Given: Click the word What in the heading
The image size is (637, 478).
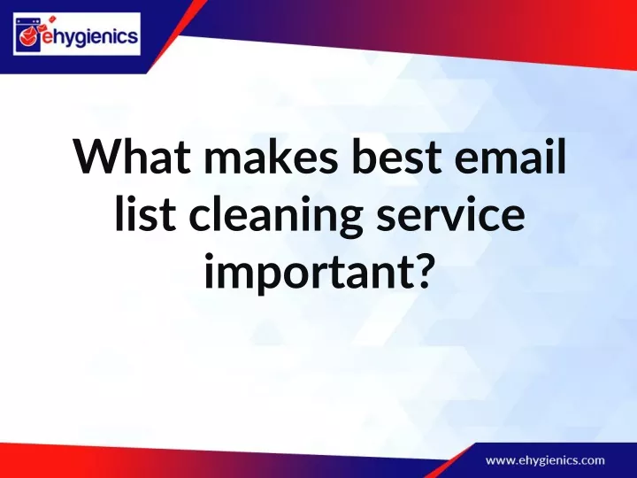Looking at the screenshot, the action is coord(133,157).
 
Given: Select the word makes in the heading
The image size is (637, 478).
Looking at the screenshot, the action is coord(271,156).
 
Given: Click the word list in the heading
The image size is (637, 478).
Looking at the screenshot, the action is coord(145,213).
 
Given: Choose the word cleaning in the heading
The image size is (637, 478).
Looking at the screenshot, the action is coord(276,218).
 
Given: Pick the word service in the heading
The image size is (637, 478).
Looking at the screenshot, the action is coord(450,214).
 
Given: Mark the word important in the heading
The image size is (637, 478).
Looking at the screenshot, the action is coord(306,274).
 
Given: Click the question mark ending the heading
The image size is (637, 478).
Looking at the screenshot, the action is coord(419,269).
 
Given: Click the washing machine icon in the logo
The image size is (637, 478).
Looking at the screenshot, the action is coord(28,35).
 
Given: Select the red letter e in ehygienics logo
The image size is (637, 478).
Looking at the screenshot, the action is coord(47,38).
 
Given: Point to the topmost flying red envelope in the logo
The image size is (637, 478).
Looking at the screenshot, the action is coord(51,19).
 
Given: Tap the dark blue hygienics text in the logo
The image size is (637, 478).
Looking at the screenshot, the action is coord(96,36).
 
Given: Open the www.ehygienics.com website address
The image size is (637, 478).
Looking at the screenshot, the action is coord(545,461).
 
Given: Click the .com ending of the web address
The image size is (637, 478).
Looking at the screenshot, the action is coord(591,461).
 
